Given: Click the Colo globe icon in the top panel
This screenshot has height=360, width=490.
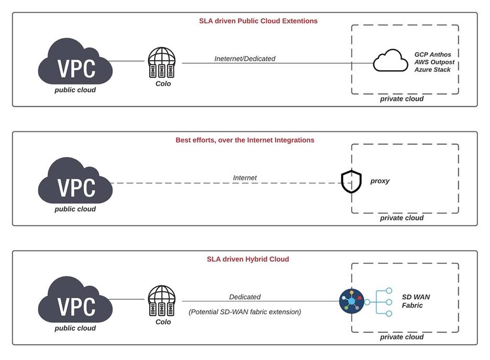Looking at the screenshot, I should coord(163,63).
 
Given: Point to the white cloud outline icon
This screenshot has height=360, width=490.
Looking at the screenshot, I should coord(390,61).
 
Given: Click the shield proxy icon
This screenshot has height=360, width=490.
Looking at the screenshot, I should coord(351,182).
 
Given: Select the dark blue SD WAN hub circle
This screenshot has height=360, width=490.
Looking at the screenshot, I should coord(351,301).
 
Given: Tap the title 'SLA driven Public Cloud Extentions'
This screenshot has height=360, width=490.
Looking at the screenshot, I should coord(258,21).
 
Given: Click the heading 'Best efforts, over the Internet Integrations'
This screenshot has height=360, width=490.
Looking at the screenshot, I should coord(244,140).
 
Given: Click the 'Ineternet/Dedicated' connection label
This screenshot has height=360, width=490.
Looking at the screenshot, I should coord(244,59).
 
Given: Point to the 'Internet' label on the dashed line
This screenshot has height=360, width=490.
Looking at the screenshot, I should coord(244,178).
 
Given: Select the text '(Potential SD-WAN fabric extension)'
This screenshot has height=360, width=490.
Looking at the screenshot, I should coord(244,312).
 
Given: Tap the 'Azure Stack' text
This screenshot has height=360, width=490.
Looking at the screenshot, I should coord(432,70).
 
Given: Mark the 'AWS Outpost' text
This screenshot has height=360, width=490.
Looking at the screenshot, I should coord(435,62).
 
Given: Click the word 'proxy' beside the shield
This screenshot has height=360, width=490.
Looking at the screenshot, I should coord(380,181).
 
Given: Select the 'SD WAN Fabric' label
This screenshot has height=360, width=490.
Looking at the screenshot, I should coord(416,301).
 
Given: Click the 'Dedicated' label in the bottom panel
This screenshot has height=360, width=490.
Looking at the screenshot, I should coord(244,297).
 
